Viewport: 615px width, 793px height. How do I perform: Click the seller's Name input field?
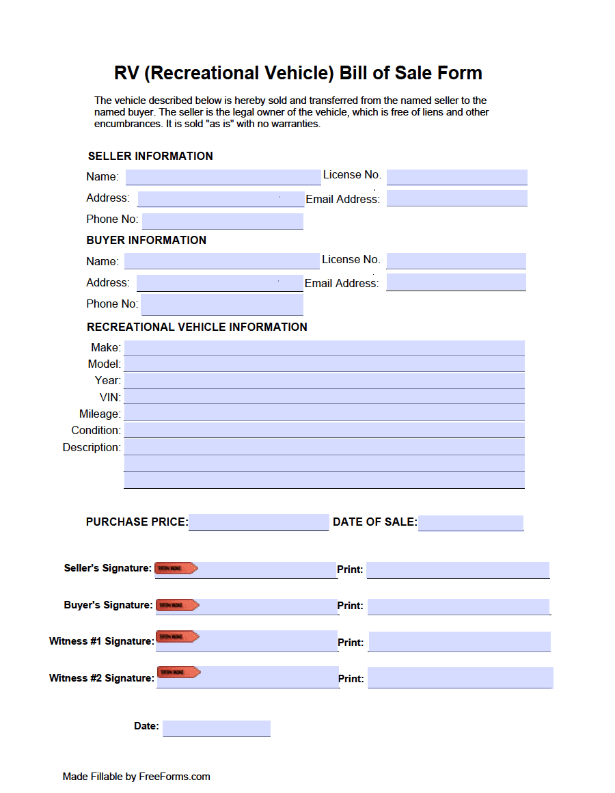[x=223, y=177]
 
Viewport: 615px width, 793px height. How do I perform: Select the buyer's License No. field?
[x=456, y=260]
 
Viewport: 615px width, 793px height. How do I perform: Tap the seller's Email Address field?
[x=456, y=198]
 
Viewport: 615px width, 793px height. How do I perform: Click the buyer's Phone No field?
[x=221, y=304]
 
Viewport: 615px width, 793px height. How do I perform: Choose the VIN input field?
[x=324, y=396]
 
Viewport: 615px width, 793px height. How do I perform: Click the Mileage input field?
[x=324, y=413]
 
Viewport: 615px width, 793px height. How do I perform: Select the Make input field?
[x=324, y=348]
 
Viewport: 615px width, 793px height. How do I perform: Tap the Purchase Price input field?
[x=258, y=522]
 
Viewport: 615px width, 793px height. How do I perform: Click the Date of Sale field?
[x=470, y=523]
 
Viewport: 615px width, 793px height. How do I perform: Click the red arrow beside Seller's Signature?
[x=176, y=568]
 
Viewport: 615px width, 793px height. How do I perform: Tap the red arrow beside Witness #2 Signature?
[x=178, y=672]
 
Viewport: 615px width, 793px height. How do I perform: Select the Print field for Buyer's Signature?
[x=458, y=606]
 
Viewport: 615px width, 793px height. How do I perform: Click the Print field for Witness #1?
[x=459, y=642]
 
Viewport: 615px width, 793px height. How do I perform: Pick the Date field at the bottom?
[x=216, y=728]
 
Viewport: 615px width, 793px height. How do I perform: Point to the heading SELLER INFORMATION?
[x=150, y=156]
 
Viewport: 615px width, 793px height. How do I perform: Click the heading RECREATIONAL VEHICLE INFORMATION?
[x=197, y=327]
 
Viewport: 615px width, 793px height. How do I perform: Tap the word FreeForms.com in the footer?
[x=174, y=777]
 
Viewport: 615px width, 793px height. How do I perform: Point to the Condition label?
[x=96, y=430]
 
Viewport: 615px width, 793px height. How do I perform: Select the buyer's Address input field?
[x=219, y=283]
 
